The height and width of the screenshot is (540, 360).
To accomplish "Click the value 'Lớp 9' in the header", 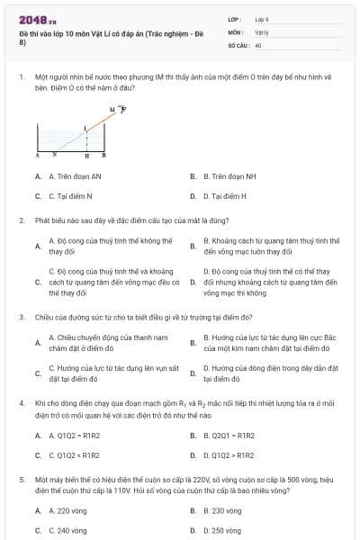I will [262, 18].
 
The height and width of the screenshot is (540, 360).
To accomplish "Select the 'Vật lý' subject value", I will [261, 31].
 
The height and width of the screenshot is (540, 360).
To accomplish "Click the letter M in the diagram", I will [112, 109].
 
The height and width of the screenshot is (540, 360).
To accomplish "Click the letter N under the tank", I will [55, 155].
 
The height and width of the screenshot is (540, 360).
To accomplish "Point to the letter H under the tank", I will [86, 155].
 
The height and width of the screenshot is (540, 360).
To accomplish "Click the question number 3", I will [21, 317].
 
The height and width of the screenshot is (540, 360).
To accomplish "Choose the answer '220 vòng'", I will [66, 511].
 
